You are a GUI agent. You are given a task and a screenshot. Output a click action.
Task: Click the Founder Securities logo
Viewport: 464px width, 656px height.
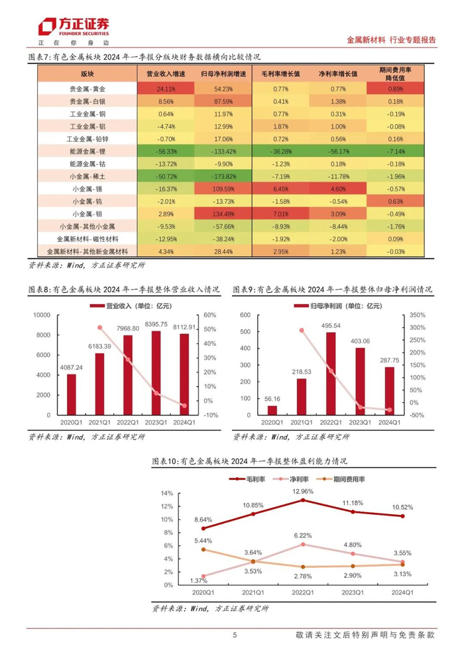(73, 27)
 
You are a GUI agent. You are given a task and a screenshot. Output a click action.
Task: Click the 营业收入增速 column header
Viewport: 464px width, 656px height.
(156, 74)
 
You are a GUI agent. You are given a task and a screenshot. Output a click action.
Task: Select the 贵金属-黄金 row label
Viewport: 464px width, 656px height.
(87, 89)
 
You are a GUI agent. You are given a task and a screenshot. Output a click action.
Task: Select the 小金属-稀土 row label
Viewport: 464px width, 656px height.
(87, 176)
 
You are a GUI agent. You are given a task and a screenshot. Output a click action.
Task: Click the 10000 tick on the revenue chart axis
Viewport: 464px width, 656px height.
(42, 315)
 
